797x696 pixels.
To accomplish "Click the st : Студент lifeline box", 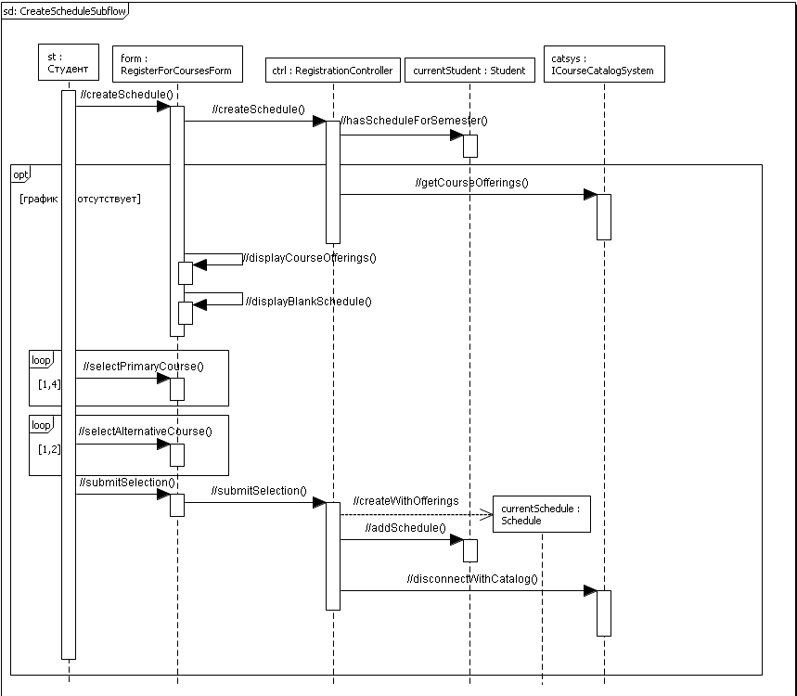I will tap(69, 63).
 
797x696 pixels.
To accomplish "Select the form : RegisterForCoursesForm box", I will tap(177, 64).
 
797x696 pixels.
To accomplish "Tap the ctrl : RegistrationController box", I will tap(332, 71).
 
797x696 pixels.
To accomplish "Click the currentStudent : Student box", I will tap(469, 71).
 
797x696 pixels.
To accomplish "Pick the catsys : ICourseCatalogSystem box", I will tap(603, 64).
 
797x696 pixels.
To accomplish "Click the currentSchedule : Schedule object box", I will tap(541, 514).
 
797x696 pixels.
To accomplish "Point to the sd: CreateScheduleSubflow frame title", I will tap(64, 10).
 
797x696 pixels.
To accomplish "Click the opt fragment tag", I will tap(20, 173).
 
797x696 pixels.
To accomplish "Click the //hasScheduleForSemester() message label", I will tap(414, 120).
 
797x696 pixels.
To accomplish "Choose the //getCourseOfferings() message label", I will tap(471, 182).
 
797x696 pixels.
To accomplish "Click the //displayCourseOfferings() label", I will tap(310, 257).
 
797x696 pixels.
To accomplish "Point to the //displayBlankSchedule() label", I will tap(308, 301).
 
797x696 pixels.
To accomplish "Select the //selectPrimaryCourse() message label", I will tap(143, 366).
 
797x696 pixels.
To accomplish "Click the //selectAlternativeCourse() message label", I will tap(146, 431).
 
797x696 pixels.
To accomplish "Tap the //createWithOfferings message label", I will tap(405, 501).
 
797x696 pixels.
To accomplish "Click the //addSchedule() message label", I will tap(392, 527).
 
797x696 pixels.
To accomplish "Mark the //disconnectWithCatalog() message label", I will tap(471, 578).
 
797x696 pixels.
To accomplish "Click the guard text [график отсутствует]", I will tap(80, 198).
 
